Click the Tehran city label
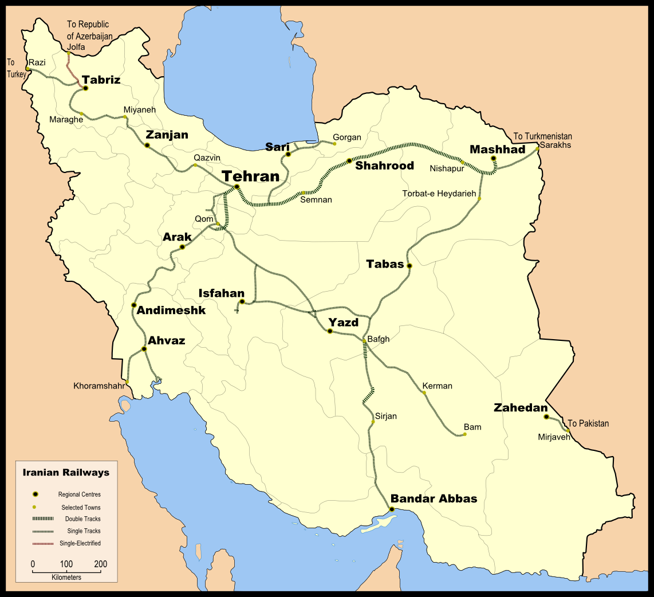[250, 176]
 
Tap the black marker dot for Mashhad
[494, 159]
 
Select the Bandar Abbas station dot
[392, 509]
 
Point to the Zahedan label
[521, 408]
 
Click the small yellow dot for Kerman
[424, 392]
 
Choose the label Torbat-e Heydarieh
[439, 194]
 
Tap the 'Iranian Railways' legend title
[66, 473]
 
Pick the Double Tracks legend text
[82, 519]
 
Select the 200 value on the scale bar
[100, 564]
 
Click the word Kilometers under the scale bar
[66, 578]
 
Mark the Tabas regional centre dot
[409, 266]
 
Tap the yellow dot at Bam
[465, 434]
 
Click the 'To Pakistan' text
[588, 424]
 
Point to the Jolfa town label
[76, 46]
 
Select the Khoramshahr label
[99, 386]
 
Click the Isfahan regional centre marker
[242, 301]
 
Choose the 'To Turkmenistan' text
[542, 136]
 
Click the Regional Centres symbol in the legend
[36, 494]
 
